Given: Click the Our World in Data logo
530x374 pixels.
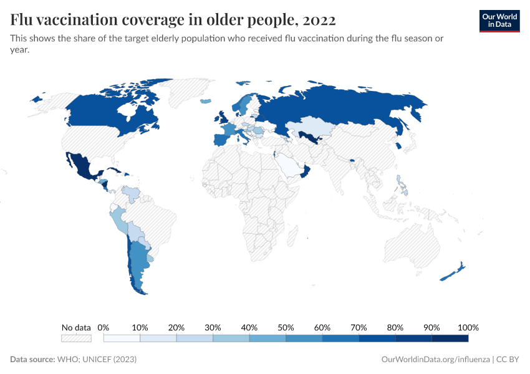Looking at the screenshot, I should click(499, 21).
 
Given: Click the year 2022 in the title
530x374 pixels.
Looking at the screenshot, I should click(319, 20).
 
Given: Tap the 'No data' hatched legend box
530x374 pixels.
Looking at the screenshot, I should click(76, 338).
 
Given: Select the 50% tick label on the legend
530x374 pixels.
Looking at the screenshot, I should click(286, 327).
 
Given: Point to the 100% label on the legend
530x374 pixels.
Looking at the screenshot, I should click(468, 327).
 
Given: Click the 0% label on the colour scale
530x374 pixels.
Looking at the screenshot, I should click(104, 327).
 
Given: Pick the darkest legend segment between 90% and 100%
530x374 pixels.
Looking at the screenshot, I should click(450, 338).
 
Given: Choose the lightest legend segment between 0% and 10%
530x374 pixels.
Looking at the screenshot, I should click(122, 338).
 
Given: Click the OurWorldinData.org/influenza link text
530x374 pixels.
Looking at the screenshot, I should click(434, 360).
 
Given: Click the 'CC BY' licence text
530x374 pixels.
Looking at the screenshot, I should click(508, 360).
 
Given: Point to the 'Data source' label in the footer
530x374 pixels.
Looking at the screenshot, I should click(32, 360).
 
